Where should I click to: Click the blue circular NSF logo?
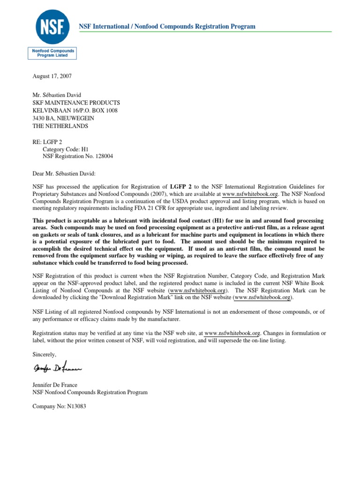coord(53,26)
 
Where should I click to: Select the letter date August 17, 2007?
coord(52,76)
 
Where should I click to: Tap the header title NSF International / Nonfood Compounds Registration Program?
coord(167,27)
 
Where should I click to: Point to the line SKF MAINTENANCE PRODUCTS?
coord(76,103)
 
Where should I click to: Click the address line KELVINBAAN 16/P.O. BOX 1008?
coord(75,111)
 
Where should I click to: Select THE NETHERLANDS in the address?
coord(60,126)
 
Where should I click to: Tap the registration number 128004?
coord(103,157)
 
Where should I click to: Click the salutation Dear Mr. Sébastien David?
coord(64,174)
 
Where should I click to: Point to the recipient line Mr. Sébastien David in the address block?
coord(60,95)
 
